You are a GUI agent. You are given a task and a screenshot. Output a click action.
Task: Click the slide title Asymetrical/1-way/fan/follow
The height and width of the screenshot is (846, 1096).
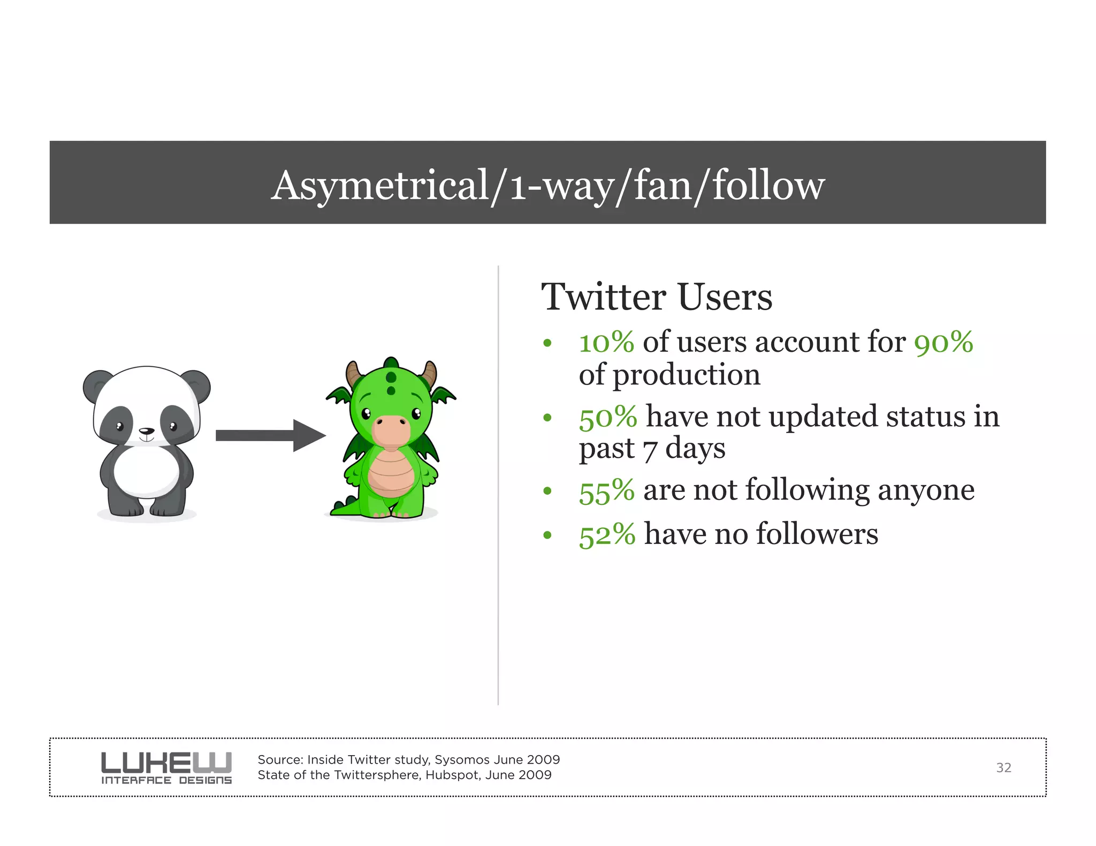tap(547, 185)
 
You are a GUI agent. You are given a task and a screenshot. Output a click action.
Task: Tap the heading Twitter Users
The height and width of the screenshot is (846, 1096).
tap(657, 297)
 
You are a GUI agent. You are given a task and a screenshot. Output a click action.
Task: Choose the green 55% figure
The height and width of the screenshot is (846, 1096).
tap(606, 490)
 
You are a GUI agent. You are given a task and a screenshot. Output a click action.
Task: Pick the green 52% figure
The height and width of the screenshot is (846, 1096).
tap(607, 534)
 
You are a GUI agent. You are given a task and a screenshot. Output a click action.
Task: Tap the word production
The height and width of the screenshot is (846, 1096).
tap(687, 375)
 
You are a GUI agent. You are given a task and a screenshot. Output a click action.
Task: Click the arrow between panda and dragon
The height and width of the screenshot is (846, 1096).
tap(270, 436)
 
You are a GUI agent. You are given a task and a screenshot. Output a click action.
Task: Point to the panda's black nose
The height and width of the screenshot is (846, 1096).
tap(146, 431)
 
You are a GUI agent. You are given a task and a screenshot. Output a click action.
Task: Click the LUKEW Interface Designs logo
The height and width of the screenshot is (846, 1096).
tap(166, 767)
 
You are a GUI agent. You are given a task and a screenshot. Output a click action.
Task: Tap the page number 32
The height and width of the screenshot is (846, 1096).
tap(1003, 768)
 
